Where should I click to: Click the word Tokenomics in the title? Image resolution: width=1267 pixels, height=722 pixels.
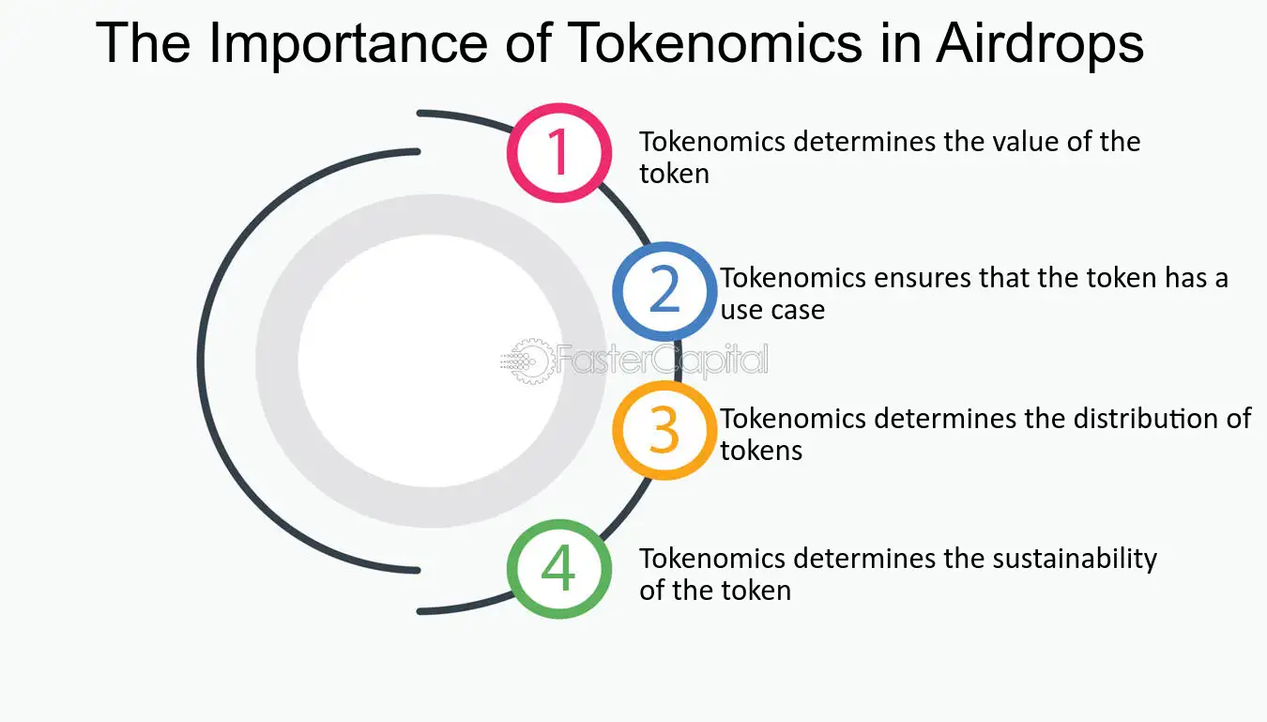[x=717, y=43]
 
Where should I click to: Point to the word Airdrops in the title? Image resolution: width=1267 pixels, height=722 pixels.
[x=1040, y=45]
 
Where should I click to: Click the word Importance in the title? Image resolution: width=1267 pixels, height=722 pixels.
[x=348, y=45]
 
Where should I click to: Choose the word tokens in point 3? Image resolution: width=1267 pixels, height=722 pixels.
[x=761, y=451]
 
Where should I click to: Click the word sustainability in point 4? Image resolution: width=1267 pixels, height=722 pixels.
[x=1075, y=560]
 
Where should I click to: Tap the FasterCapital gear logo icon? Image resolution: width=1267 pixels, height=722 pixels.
[x=527, y=361]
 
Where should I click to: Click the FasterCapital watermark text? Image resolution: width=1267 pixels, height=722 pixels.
[x=662, y=361]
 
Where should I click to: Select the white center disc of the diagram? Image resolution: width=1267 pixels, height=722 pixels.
[x=431, y=361]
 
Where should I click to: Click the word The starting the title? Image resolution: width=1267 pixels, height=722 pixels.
[x=143, y=43]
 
